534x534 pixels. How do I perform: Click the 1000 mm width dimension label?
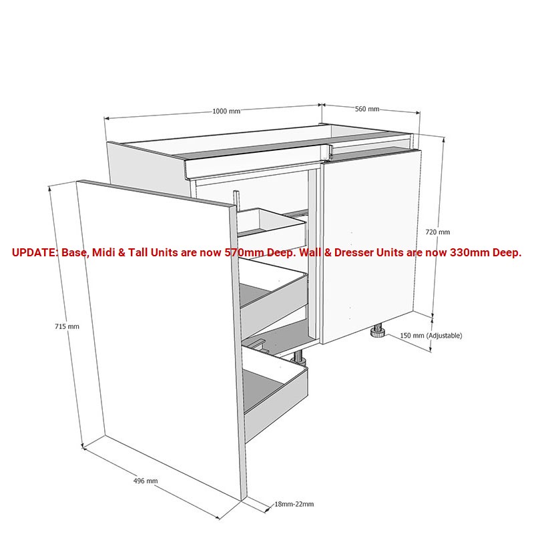226,111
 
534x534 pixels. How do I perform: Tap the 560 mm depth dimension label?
367,109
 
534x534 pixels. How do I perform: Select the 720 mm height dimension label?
438,232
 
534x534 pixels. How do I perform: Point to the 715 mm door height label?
67,326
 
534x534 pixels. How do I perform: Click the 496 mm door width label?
146,481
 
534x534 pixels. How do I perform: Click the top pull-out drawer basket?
274,222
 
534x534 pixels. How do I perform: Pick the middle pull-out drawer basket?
274,287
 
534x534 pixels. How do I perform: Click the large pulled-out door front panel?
157,334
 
